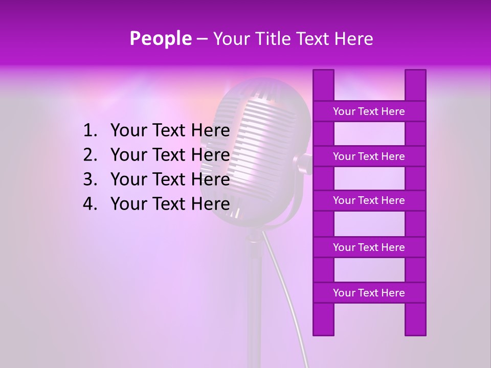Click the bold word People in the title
[x=160, y=38]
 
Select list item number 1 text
[x=170, y=131]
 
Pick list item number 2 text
[x=170, y=155]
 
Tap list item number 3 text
[x=170, y=179]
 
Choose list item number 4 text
[x=170, y=204]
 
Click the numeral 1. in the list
[x=90, y=131]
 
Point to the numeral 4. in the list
[x=90, y=204]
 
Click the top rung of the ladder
[x=369, y=111]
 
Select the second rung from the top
[x=369, y=156]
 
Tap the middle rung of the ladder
[x=369, y=200]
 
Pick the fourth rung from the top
[x=369, y=247]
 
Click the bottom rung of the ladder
[x=369, y=293]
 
